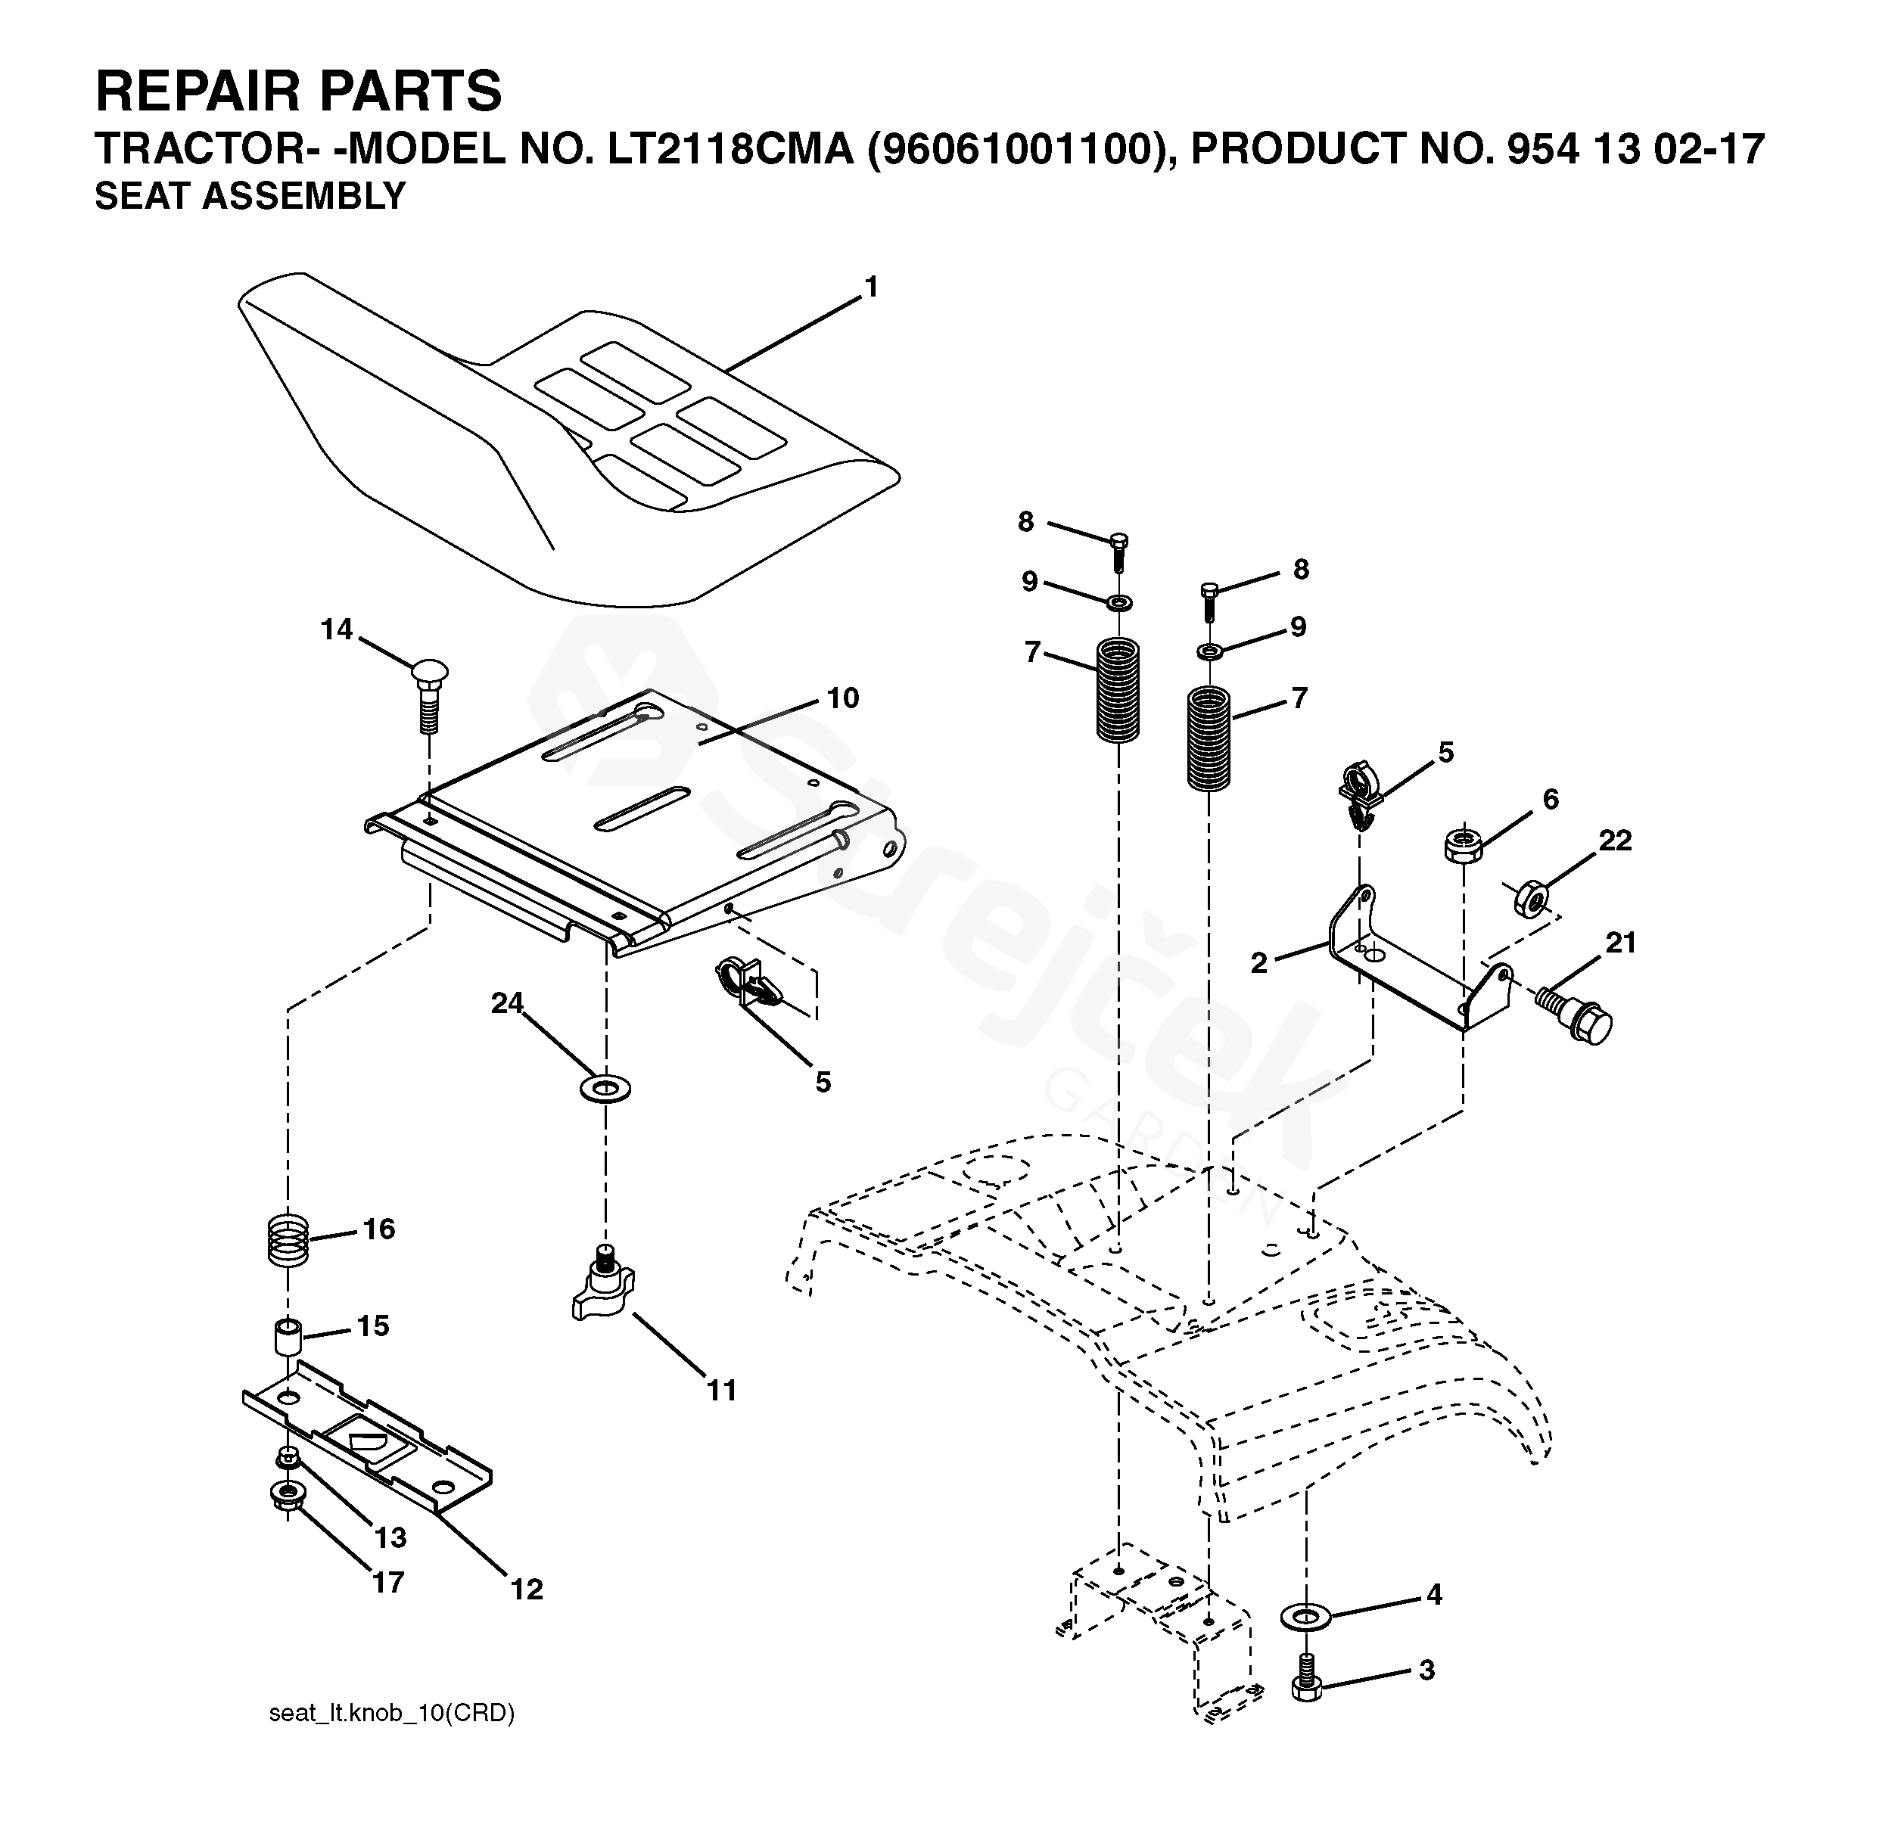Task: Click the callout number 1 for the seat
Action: pos(870,287)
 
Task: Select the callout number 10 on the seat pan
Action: pos(842,698)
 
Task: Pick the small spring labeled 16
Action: pos(288,1242)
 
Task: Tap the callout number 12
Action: pos(527,1590)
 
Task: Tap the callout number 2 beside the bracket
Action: pos(1258,963)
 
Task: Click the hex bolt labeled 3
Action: pos(1306,1688)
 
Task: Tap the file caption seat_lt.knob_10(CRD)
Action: pos(391,1714)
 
